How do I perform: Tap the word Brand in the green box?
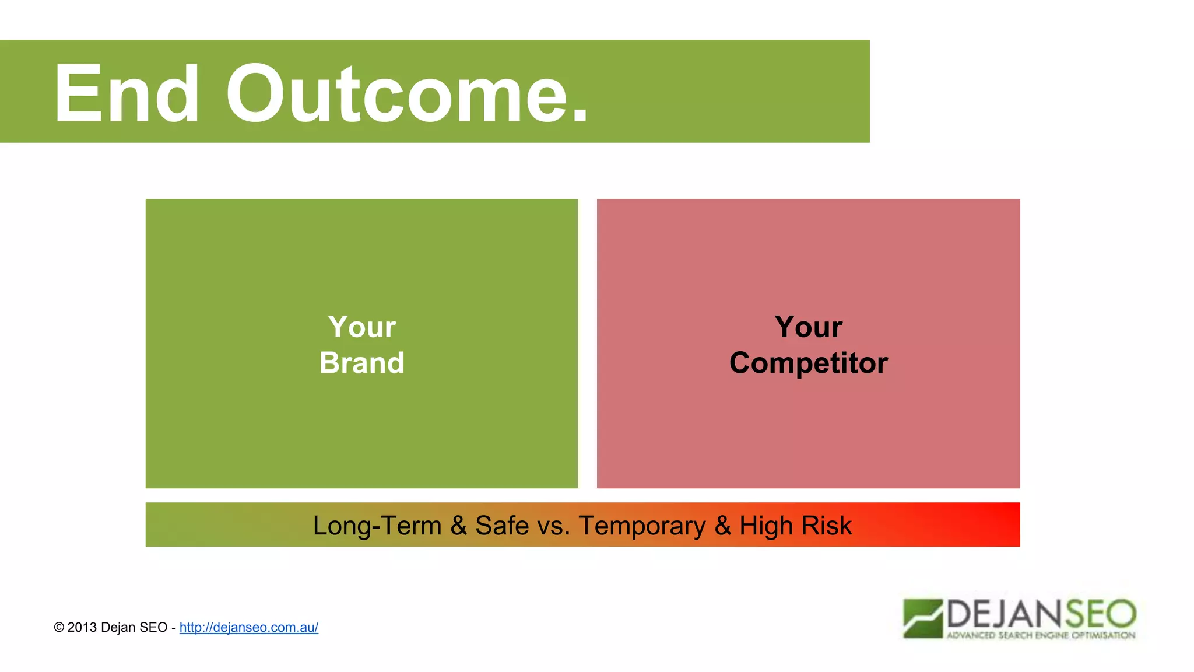(x=361, y=363)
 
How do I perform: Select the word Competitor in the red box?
(x=808, y=363)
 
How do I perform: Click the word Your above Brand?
(x=361, y=327)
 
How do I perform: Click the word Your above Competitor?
(x=808, y=327)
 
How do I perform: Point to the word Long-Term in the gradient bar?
(x=377, y=526)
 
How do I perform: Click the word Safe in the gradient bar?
(x=502, y=526)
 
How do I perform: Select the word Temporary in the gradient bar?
(x=642, y=526)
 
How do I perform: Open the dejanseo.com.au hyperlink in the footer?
(x=248, y=628)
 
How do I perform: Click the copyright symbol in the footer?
(x=59, y=628)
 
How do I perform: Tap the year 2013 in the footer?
(x=82, y=628)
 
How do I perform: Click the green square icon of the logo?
(x=922, y=618)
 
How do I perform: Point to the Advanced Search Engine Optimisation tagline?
(x=1041, y=635)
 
